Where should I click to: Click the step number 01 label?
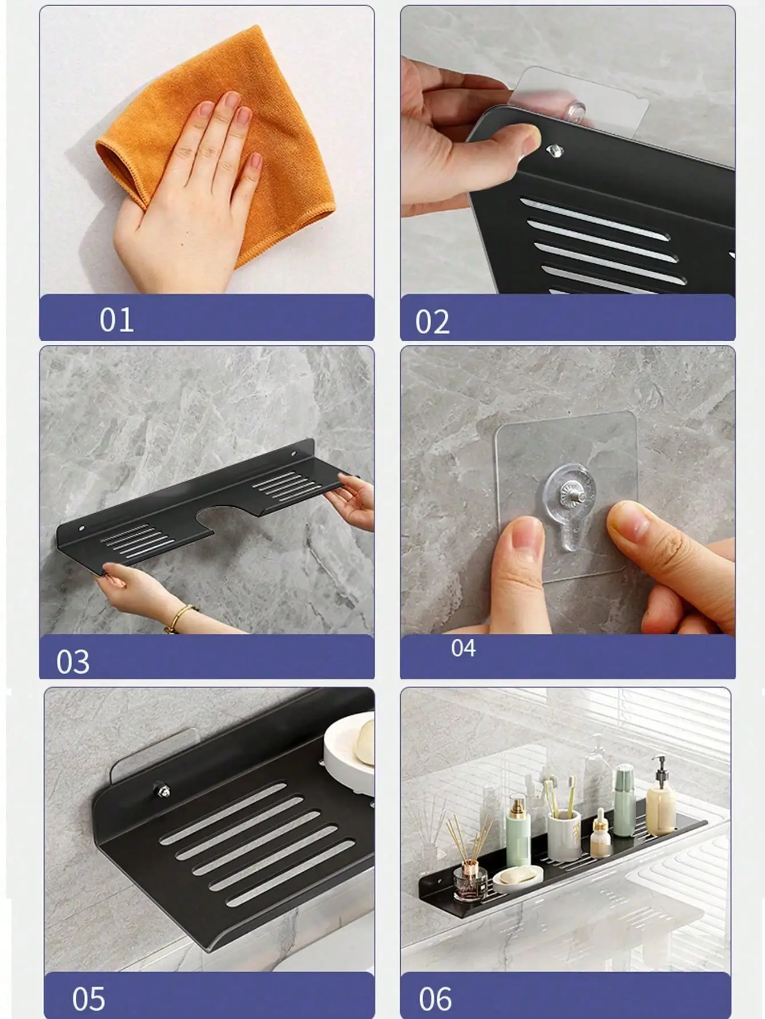116,320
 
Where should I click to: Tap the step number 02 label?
432,322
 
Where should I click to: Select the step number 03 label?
73,662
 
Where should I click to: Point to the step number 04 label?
463,648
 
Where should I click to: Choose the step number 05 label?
88,999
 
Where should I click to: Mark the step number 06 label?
435,999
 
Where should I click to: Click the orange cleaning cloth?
217,148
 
